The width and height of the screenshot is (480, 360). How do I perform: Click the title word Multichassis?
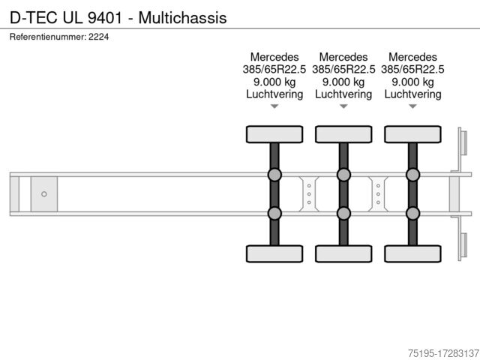pyautogui.click(x=184, y=17)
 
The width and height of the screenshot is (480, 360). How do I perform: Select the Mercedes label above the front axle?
pyautogui.click(x=274, y=57)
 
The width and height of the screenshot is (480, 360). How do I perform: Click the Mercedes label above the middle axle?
pyautogui.click(x=343, y=57)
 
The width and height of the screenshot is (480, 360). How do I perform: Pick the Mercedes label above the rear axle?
pyautogui.click(x=412, y=57)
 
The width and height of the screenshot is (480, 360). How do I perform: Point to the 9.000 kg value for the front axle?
pyautogui.click(x=274, y=82)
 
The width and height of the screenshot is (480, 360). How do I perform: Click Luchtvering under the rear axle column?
pyautogui.click(x=412, y=94)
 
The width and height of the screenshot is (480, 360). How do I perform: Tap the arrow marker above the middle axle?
pyautogui.click(x=343, y=106)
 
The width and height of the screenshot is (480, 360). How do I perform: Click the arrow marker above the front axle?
pyautogui.click(x=274, y=106)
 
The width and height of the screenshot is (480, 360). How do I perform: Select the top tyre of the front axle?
pyautogui.click(x=274, y=133)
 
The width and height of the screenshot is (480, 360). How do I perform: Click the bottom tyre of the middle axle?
pyautogui.click(x=343, y=254)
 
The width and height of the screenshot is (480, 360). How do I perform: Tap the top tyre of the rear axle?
pyautogui.click(x=412, y=133)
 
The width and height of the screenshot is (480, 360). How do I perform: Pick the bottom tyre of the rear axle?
pyautogui.click(x=412, y=254)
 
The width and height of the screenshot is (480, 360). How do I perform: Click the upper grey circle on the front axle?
pyautogui.click(x=274, y=175)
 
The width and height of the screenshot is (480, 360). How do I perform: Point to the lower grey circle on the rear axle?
pyautogui.click(x=412, y=214)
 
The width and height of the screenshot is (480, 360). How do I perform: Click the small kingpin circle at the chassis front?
pyautogui.click(x=44, y=194)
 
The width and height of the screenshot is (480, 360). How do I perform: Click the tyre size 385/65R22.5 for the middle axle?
pyautogui.click(x=343, y=70)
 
